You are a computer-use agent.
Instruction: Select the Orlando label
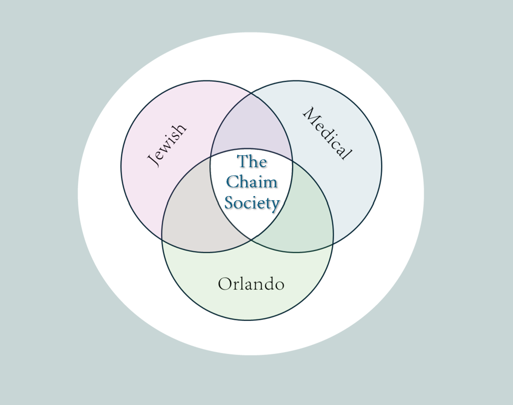pyautogui.click(x=251, y=284)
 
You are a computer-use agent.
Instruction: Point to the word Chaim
pyautogui.click(x=252, y=182)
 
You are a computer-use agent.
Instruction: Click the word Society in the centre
pyautogui.click(x=252, y=202)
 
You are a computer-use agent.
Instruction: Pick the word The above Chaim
pyautogui.click(x=252, y=162)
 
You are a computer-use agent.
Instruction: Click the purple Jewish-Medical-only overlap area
pyautogui.click(x=251, y=126)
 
